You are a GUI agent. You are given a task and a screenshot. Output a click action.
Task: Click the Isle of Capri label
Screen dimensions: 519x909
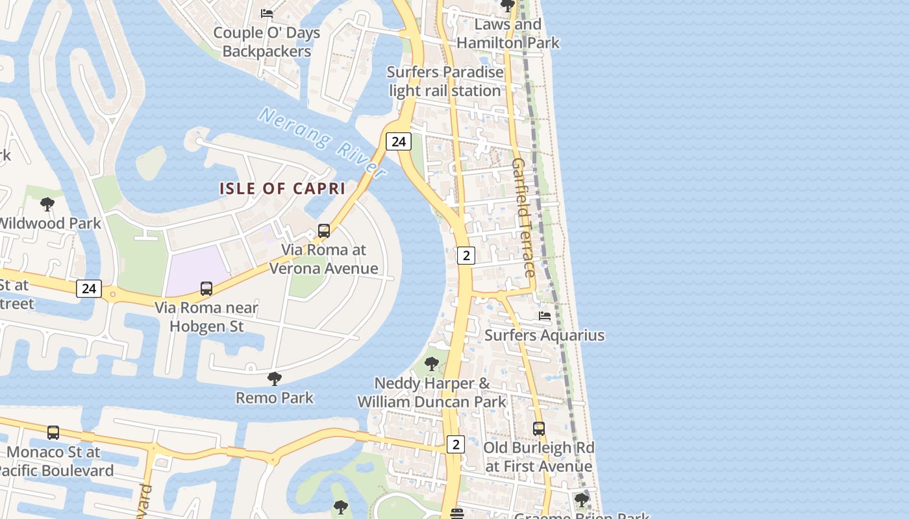coord(282,189)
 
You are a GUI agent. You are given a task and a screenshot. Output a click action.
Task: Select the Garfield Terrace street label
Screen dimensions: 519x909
coord(523,217)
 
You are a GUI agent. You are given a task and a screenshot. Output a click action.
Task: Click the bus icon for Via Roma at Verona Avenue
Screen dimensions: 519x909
coord(323,230)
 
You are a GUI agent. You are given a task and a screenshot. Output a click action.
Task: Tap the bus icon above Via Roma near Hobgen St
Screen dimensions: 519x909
coord(206,288)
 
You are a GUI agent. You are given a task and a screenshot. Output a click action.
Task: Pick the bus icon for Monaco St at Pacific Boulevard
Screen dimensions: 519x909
coord(53,432)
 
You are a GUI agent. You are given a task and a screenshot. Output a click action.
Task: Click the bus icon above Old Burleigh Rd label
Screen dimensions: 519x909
coord(538,428)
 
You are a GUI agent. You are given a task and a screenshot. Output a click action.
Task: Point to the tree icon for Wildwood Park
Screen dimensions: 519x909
coord(47,204)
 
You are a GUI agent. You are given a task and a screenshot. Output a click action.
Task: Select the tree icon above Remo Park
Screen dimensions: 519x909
coord(275,378)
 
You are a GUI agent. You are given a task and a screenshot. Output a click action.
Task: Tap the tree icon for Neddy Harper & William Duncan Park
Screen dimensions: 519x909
coord(431,364)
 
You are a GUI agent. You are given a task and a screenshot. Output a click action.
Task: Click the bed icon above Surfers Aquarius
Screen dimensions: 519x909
coord(545,316)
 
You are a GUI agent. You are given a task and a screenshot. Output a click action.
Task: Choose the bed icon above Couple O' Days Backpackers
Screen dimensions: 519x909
coord(266,13)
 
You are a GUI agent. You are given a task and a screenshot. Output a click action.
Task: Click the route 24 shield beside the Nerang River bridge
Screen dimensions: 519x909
coord(399,141)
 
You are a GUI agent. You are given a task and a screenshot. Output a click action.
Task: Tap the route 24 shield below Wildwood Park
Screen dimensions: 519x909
coord(89,288)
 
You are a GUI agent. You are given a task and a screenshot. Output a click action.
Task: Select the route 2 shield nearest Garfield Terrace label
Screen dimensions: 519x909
coord(466,256)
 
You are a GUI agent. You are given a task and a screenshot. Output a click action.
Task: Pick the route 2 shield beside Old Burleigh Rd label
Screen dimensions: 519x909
coord(456,444)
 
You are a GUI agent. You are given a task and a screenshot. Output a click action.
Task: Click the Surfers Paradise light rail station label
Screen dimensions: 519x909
coord(445,81)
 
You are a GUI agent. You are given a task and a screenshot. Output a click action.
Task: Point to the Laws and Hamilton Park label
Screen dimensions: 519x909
coord(508,34)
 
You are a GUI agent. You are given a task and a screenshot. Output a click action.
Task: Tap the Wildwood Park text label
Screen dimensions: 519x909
coord(50,223)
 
